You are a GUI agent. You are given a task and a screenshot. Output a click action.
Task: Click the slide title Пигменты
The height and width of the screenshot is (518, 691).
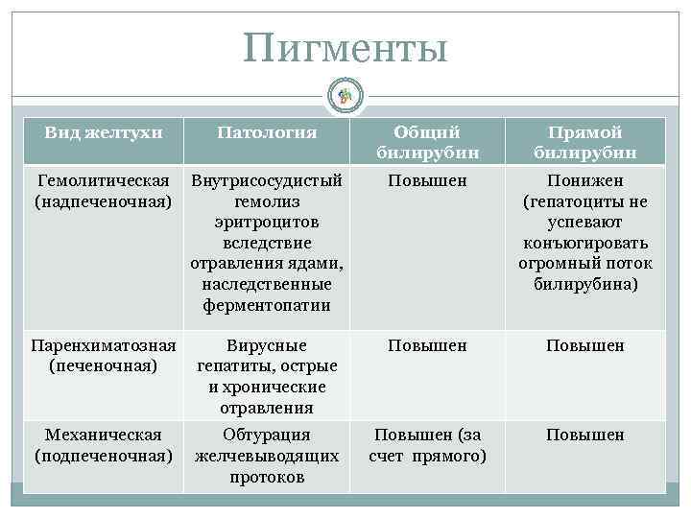click(x=345, y=48)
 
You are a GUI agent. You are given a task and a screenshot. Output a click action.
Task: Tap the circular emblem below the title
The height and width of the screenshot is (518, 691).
click(x=345, y=94)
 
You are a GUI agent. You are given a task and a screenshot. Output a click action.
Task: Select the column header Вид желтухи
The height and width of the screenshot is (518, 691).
click(x=103, y=131)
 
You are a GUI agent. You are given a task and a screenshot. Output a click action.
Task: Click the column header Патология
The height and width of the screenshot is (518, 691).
click(x=267, y=131)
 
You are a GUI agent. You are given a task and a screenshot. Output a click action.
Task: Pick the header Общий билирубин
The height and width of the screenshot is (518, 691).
click(x=427, y=142)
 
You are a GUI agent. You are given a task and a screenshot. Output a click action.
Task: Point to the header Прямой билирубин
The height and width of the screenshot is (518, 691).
click(x=584, y=142)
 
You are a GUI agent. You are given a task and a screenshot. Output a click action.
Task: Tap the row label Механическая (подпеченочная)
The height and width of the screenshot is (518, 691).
click(x=103, y=445)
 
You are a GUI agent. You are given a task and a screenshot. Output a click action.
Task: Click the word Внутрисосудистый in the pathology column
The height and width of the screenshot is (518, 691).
click(x=267, y=180)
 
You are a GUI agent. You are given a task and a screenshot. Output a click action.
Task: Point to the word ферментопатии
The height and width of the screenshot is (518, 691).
click(x=267, y=306)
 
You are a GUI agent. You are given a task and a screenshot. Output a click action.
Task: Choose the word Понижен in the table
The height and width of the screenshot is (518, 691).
click(x=584, y=180)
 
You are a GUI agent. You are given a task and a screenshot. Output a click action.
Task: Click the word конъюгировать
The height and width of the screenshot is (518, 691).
click(x=584, y=243)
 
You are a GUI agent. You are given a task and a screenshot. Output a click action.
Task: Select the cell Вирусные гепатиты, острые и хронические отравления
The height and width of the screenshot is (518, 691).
click(x=267, y=376)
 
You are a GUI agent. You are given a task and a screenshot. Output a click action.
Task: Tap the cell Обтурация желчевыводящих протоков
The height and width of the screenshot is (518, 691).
click(x=267, y=456)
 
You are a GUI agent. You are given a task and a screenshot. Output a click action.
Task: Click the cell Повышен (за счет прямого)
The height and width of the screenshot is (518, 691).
click(x=427, y=445)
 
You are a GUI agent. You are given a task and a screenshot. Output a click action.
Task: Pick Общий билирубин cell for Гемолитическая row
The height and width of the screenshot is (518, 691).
click(x=427, y=180)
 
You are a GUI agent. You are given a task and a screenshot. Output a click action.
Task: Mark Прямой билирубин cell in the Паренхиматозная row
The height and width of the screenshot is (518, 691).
click(x=584, y=345)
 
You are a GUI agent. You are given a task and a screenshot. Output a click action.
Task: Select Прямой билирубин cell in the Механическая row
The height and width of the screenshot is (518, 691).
click(x=584, y=435)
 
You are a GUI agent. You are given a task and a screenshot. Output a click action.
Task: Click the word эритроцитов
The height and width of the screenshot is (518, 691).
click(x=267, y=222)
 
